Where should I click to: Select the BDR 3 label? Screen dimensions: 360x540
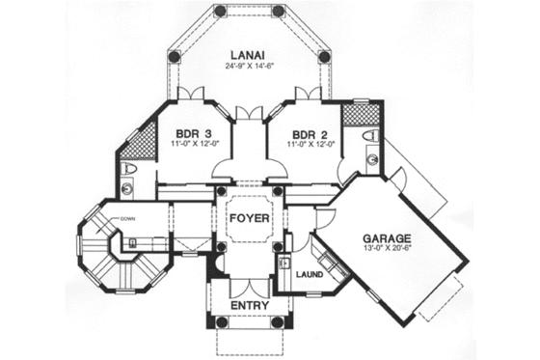[x=192, y=133]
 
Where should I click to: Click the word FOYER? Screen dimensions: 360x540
[x=249, y=218]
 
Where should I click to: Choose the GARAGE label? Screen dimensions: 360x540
[x=387, y=237]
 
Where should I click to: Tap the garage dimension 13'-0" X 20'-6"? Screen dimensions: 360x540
[x=388, y=251]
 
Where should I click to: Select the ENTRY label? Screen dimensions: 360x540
[x=249, y=306]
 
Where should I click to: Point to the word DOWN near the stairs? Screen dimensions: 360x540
[x=128, y=219]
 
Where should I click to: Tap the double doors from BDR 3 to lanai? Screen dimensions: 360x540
[x=192, y=94]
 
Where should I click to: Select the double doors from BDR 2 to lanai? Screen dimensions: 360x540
[x=307, y=94]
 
